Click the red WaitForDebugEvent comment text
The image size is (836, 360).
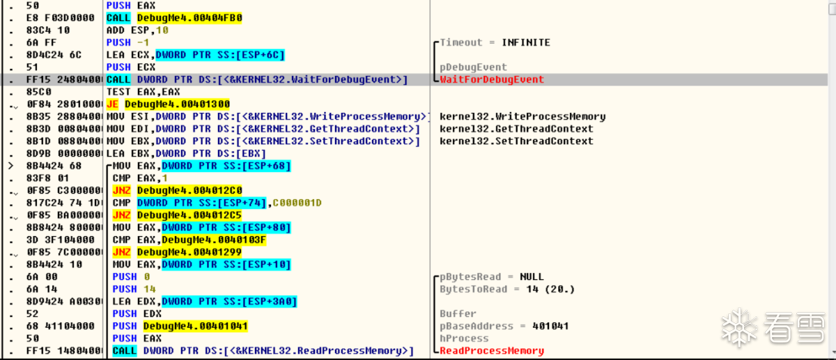point(491,79)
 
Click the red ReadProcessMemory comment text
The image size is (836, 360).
point(491,351)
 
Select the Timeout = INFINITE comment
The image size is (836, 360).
point(495,42)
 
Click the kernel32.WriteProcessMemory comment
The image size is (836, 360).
point(522,116)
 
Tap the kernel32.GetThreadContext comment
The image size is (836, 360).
point(516,129)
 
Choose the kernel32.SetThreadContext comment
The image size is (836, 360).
point(516,141)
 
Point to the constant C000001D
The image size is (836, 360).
point(297,203)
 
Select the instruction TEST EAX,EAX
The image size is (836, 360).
point(143,92)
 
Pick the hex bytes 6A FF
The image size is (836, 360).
point(39,42)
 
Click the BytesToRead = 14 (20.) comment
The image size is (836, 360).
point(497,289)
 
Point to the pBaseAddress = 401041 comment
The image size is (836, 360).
point(495,326)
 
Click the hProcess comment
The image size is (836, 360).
point(464,338)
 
